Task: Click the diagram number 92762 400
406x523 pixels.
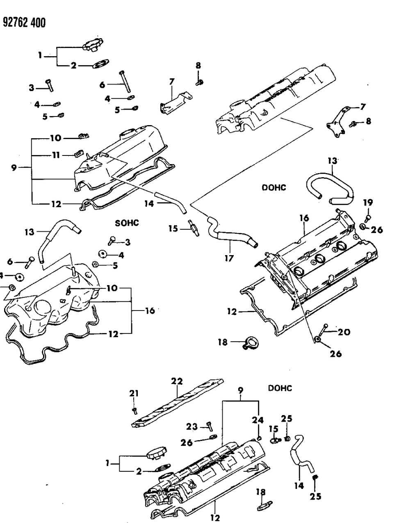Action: pos(24,22)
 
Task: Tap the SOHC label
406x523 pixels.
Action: pos(127,223)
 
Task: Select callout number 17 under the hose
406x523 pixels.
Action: pos(228,258)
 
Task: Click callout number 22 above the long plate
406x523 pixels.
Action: pos(177,381)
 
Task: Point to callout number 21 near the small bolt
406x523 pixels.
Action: pos(134,394)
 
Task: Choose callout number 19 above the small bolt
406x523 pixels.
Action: pos(367,202)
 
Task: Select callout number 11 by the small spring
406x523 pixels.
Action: pos(56,155)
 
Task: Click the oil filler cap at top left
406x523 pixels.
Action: pos(93,46)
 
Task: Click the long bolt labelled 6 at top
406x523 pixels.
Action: pos(125,81)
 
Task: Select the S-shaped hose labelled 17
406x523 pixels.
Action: pos(230,235)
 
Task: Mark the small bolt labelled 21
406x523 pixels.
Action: pos(135,409)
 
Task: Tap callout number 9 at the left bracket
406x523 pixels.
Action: pos(14,168)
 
